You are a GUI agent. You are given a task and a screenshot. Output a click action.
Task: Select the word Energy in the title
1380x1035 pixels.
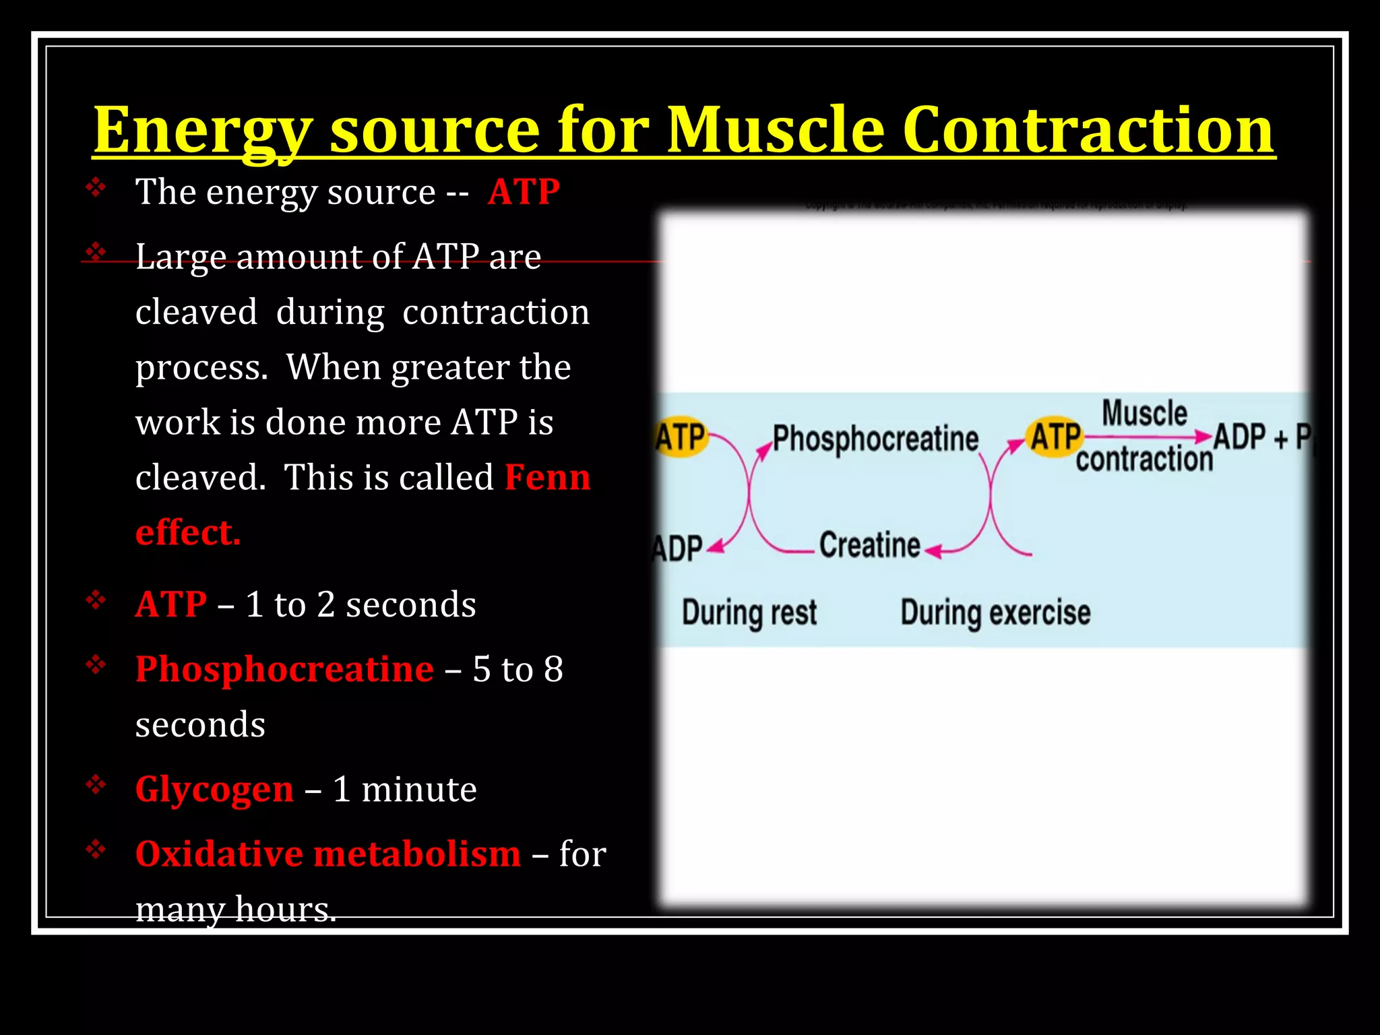click(x=202, y=131)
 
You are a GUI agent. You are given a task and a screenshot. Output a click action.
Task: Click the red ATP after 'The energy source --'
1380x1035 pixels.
click(x=524, y=192)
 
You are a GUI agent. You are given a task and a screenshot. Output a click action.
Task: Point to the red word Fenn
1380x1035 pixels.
click(x=547, y=477)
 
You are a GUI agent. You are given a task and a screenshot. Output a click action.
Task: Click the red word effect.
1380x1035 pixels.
click(x=187, y=532)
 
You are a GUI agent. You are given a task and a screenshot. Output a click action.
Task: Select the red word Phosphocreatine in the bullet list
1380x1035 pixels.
click(x=284, y=669)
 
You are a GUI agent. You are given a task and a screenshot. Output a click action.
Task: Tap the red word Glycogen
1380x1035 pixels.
click(x=214, y=789)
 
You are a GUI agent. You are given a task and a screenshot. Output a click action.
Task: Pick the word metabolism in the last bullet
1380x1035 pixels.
click(x=417, y=854)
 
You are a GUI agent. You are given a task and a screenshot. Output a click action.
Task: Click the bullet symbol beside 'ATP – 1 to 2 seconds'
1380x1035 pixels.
click(x=96, y=599)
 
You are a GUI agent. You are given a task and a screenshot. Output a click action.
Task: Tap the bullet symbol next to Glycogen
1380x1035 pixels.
click(x=96, y=784)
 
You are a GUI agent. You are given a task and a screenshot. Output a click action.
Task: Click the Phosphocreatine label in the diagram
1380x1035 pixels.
click(x=875, y=439)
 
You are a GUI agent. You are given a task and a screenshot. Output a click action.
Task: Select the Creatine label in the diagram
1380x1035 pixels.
click(x=869, y=545)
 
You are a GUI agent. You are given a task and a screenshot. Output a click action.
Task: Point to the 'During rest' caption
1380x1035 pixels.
click(x=749, y=613)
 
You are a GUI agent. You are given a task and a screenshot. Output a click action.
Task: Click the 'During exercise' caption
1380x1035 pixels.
click(x=995, y=613)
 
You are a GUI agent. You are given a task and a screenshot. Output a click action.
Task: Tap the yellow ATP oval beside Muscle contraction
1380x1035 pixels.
click(x=1055, y=437)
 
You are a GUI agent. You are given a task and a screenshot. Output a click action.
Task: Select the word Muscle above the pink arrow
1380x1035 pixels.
click(x=1144, y=413)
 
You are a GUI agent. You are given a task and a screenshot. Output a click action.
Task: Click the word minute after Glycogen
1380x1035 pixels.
click(x=418, y=789)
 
